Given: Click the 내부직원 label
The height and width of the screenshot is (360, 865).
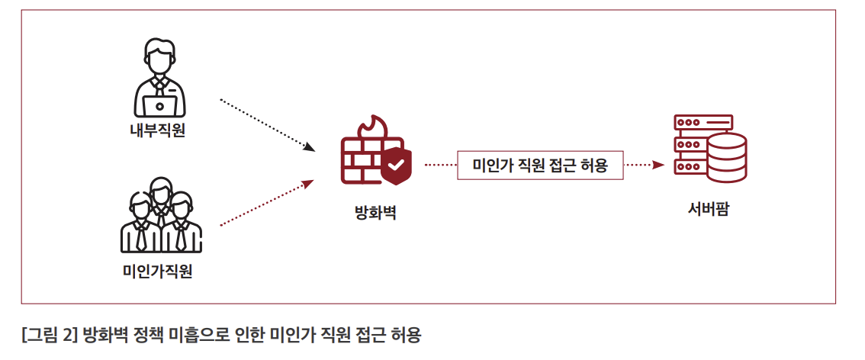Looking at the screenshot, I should coord(157,130).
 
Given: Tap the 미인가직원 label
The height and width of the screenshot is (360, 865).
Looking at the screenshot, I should coord(157,271).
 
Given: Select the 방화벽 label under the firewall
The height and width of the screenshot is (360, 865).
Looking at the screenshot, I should coord(375,212).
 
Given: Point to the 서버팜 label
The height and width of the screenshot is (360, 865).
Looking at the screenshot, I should coord(709,208).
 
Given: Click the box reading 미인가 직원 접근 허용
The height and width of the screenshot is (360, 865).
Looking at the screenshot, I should coord(540,165).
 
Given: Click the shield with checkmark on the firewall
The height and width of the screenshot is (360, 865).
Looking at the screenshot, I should coord(396,166).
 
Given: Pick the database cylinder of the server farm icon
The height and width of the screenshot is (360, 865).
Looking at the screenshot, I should coord(726,159).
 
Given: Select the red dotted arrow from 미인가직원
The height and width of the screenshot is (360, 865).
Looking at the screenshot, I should coord(267,204).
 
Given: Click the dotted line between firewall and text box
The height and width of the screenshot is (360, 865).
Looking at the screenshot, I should coord(440,165).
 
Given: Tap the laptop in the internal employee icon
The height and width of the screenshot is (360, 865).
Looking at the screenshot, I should coord(160,104).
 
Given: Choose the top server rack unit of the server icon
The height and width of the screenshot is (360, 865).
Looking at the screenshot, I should coord(703,122).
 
